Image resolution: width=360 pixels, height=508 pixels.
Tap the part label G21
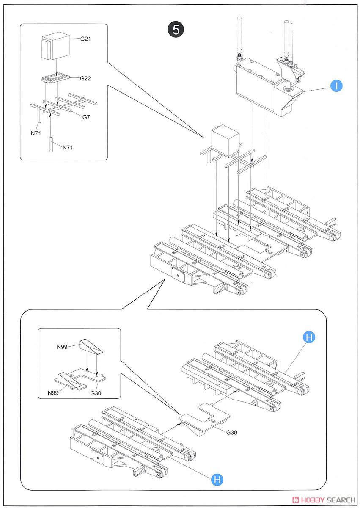coord(86,39)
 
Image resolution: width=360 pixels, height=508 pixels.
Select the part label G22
coord(86,78)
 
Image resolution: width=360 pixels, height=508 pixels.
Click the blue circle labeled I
coord(336,86)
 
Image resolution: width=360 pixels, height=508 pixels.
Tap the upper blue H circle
coord(309,337)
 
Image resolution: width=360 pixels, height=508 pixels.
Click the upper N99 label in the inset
coord(62,347)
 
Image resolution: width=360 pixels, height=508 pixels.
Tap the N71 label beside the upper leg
coord(36,133)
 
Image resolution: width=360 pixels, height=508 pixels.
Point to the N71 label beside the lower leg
coord(68,148)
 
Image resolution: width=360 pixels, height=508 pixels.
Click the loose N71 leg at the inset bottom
coord(51,144)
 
